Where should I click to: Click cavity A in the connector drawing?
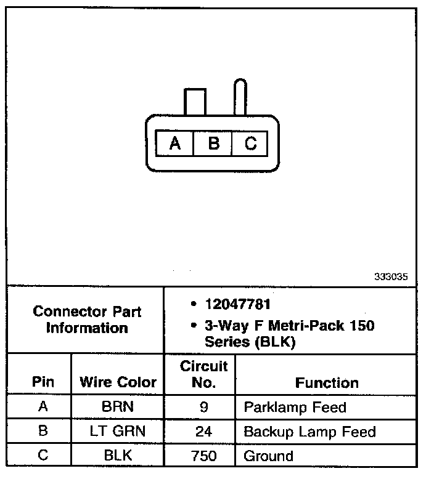pos(175,143)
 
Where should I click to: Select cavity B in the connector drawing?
pos(213,143)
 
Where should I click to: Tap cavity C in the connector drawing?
pos(250,143)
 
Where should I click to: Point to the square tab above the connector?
pos(194,102)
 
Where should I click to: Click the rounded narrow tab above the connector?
pos(239,97)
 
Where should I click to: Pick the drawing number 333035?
pos(391,276)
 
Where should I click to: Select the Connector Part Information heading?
pos(86,320)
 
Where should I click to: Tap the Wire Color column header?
pos(118,382)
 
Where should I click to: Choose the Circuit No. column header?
pos(203,374)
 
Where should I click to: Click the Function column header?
pos(327,382)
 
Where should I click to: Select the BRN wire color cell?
pos(117,407)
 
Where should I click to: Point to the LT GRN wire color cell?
pos(117,432)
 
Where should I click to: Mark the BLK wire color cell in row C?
pos(117,456)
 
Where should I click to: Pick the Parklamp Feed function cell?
pos(295,407)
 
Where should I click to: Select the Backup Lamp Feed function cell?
pos(309,432)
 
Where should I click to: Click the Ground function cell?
pos(268,456)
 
